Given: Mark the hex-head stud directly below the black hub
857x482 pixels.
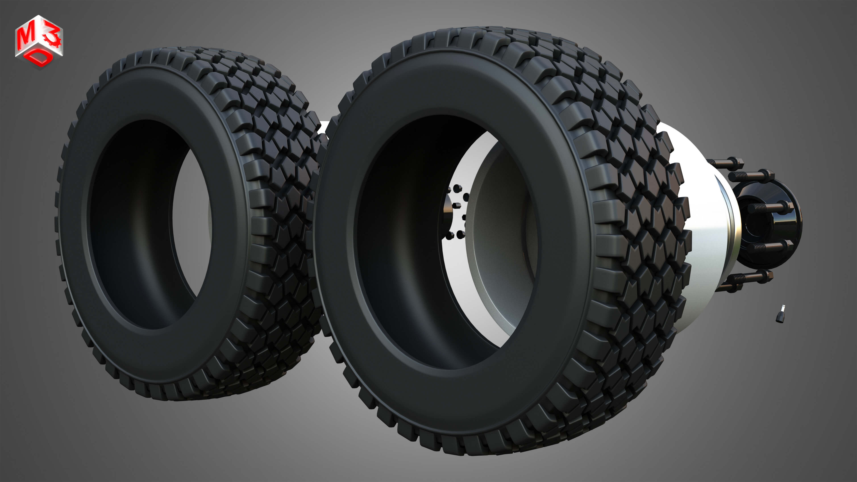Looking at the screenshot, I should coord(745,278).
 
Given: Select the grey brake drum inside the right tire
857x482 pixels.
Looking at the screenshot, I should coord(499,233).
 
